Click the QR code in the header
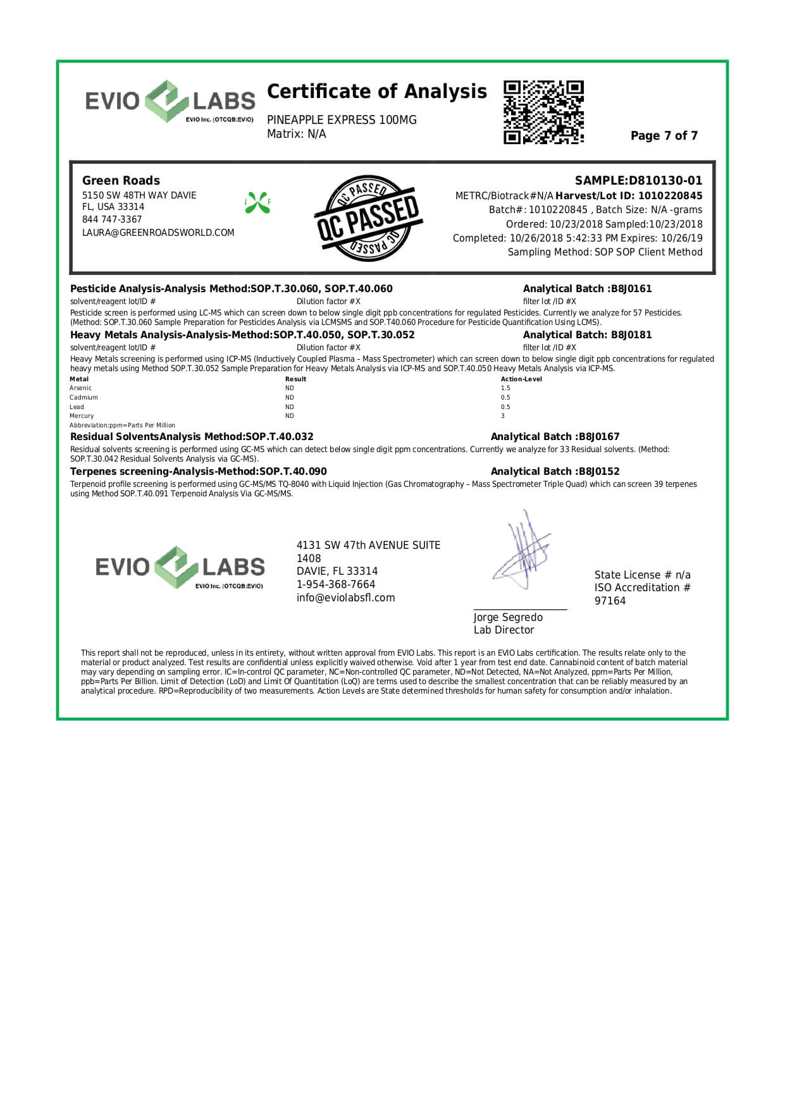pyautogui.click(x=543, y=112)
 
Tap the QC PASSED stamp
pyautogui.click(x=368, y=218)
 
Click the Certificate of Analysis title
pyautogui.click(x=377, y=92)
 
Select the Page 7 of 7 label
pyautogui.click(x=664, y=136)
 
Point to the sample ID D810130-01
pyautogui.click(x=665, y=181)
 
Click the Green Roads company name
pyautogui.click(x=121, y=181)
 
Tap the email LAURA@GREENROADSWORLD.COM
pyautogui.click(x=158, y=233)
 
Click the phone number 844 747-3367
pyautogui.click(x=112, y=219)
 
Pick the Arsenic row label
pyautogui.click(x=80, y=388)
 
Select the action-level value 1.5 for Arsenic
pyautogui.click(x=505, y=388)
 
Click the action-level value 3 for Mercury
pyautogui.click(x=503, y=416)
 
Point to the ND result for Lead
pyautogui.click(x=290, y=407)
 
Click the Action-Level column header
pyautogui.click(x=521, y=379)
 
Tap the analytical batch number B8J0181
pyautogui.click(x=631, y=335)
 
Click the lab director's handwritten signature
pyautogui.click(x=522, y=551)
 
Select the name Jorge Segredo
pyautogui.click(x=508, y=618)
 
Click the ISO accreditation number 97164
pyautogui.click(x=610, y=601)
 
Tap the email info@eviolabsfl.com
pyautogui.click(x=345, y=598)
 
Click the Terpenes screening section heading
pyautogui.click(x=198, y=472)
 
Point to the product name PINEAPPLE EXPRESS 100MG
pyautogui.click(x=342, y=120)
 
